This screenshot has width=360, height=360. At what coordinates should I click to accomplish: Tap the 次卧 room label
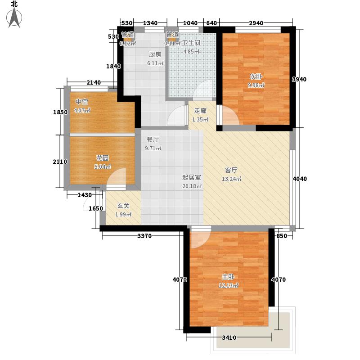(255, 76)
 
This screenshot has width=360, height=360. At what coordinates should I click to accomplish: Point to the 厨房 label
(155, 54)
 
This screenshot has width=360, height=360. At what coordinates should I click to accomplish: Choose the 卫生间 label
(191, 43)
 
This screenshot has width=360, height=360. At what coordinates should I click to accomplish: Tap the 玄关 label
(123, 206)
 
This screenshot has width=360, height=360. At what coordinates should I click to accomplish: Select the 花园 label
(102, 158)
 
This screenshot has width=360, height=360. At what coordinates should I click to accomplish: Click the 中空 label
(81, 102)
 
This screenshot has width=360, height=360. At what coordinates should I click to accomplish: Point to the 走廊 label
(200, 111)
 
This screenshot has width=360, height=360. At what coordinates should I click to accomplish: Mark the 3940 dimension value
(299, 80)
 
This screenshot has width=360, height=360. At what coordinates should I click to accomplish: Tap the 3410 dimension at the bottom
(230, 338)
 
